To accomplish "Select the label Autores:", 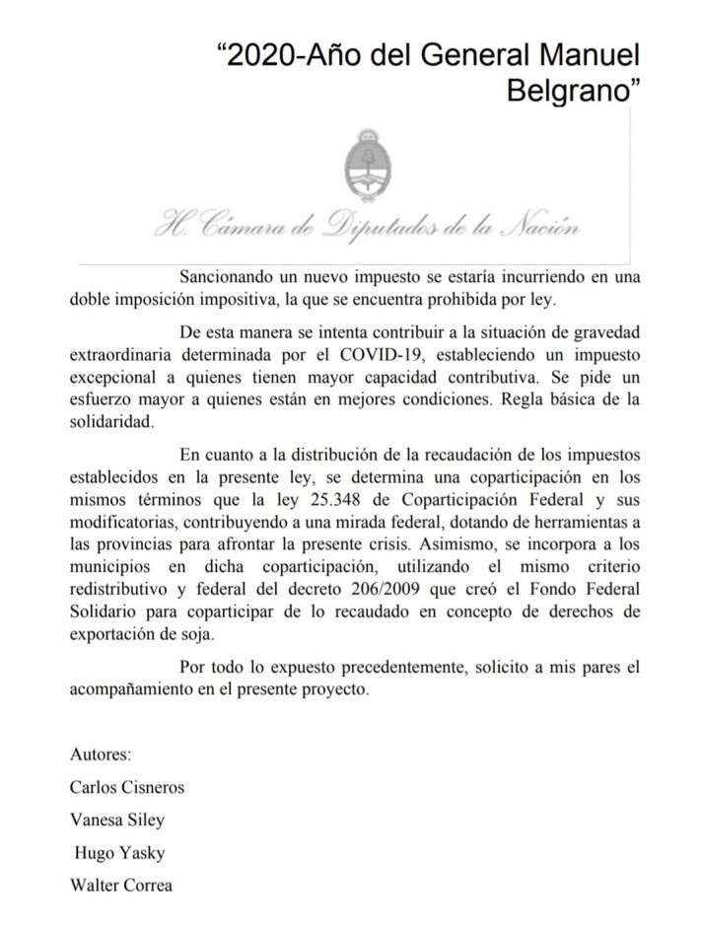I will tap(101, 756).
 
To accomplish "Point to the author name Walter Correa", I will tap(121, 884).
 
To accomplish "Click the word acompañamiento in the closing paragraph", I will tap(132, 689).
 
